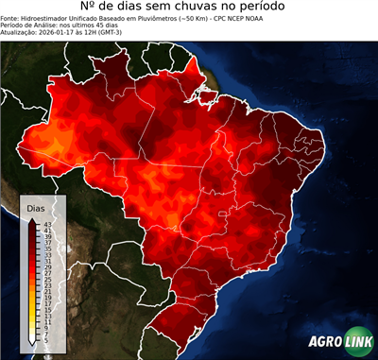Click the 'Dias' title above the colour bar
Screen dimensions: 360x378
tap(35, 207)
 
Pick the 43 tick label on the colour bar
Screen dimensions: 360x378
tap(47, 224)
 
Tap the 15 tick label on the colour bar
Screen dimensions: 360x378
tap(47, 312)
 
